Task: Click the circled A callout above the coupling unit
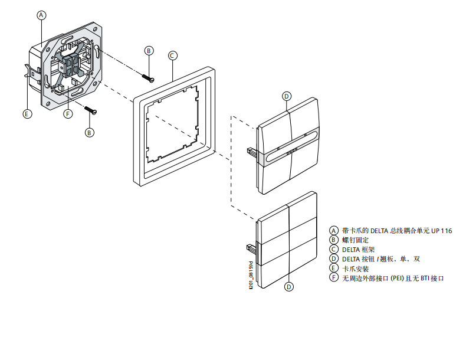41,15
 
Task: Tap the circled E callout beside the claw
27,114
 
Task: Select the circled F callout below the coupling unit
68,114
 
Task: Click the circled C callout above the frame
172,55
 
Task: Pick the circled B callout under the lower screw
90,133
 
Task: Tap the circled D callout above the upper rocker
287,96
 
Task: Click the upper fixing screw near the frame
147,76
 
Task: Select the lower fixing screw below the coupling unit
90,110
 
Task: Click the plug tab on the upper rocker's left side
251,152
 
